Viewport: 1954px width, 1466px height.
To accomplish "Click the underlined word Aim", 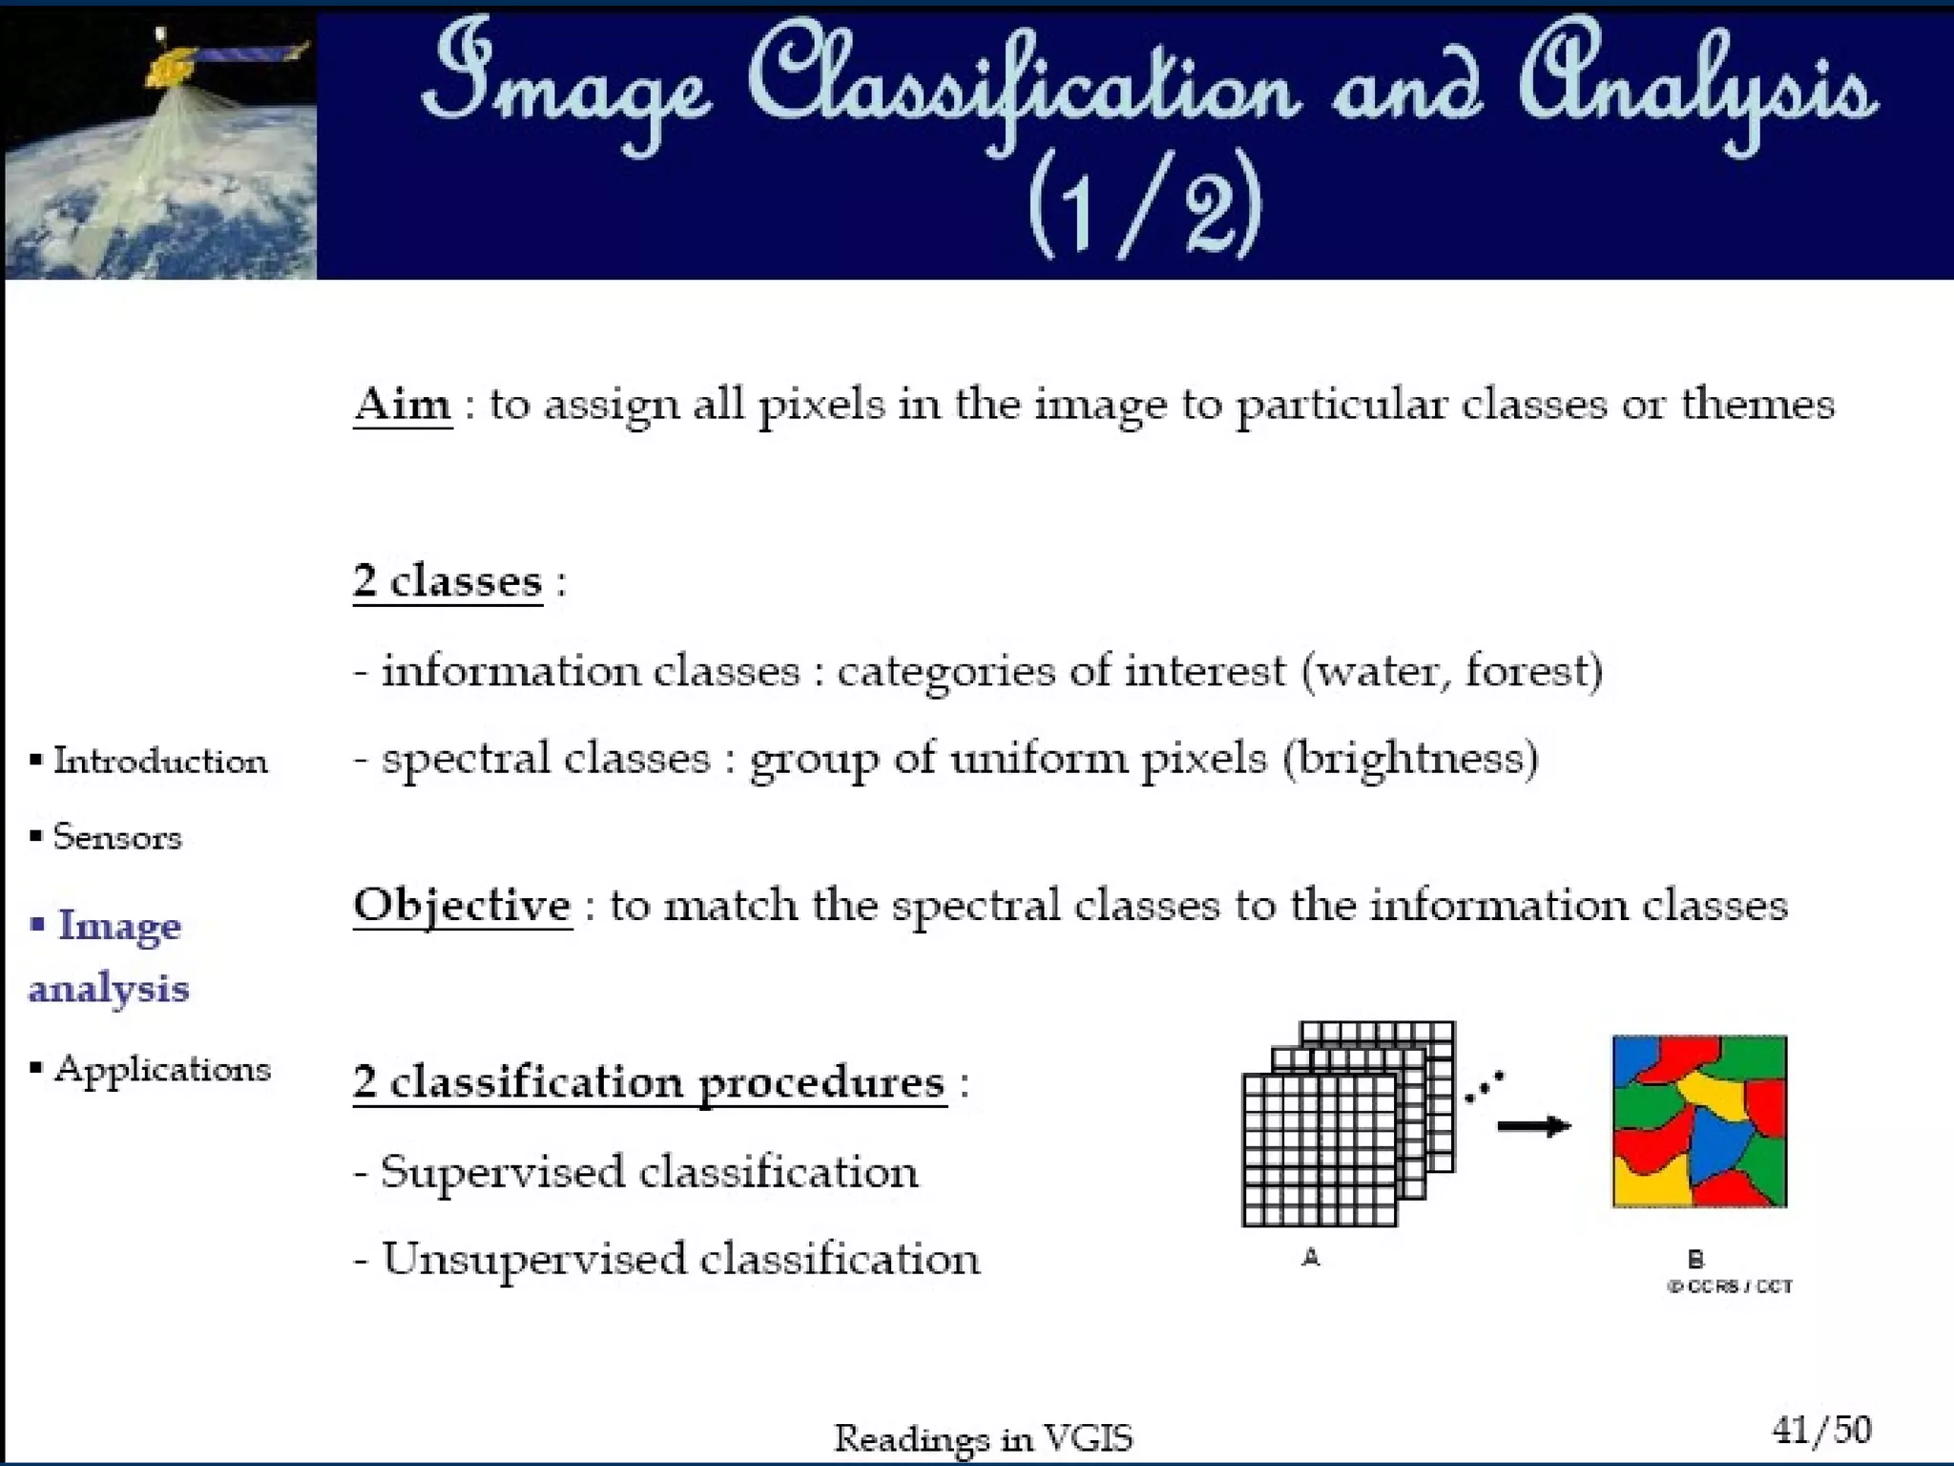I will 402,405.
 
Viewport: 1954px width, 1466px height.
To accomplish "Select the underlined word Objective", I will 463,905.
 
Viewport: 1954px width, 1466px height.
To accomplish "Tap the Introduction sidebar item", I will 159,762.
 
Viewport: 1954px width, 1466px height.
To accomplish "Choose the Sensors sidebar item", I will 116,837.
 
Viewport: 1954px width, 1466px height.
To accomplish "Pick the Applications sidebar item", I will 161,1069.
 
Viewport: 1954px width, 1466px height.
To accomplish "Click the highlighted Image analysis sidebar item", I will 110,956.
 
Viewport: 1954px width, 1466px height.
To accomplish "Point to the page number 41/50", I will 1820,1430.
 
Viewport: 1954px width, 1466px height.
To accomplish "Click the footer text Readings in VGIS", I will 983,1437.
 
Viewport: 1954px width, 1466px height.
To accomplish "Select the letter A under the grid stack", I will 1311,1258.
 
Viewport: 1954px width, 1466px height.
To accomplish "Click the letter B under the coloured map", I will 1694,1260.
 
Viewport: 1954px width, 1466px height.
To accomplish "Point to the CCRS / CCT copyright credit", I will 1730,1287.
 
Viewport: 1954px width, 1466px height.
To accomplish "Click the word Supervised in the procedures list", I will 502,1172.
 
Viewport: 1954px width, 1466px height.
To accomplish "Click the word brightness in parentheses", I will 1410,760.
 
